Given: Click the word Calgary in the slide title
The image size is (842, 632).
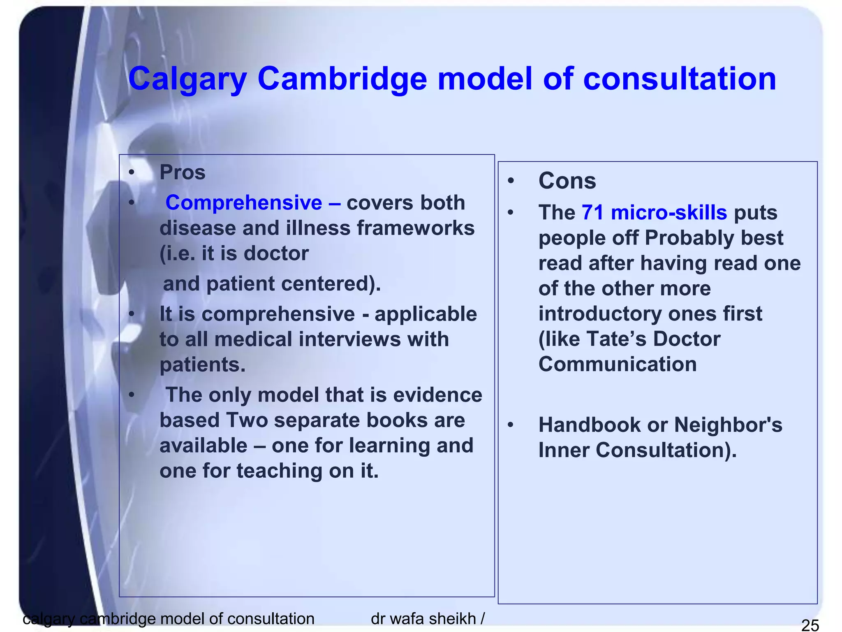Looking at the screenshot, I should (187, 79).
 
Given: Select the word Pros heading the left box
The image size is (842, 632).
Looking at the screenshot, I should (182, 172).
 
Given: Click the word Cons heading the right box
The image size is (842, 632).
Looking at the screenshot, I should (567, 181).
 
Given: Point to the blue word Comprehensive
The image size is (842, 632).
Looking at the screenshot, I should (244, 203).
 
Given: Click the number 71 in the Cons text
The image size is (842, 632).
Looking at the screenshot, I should (592, 213).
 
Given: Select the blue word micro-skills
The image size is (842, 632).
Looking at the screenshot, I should (669, 213).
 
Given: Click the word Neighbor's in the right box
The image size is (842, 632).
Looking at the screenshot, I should (728, 425).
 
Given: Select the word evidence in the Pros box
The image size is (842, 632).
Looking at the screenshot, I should (437, 395).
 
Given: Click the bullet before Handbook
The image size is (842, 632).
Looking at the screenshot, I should (511, 425).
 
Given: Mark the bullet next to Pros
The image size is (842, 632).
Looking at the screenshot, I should (131, 172).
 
